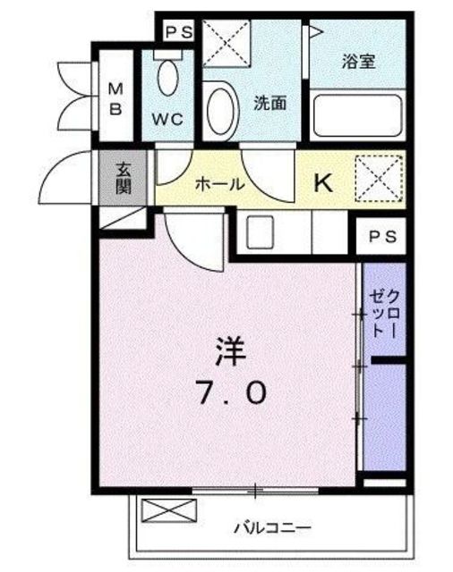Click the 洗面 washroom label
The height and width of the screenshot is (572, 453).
(269, 102)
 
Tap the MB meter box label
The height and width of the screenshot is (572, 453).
(116, 98)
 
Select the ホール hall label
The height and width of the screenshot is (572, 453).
(219, 185)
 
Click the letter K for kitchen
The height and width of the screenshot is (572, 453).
(322, 183)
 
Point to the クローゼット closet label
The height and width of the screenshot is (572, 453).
(382, 314)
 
